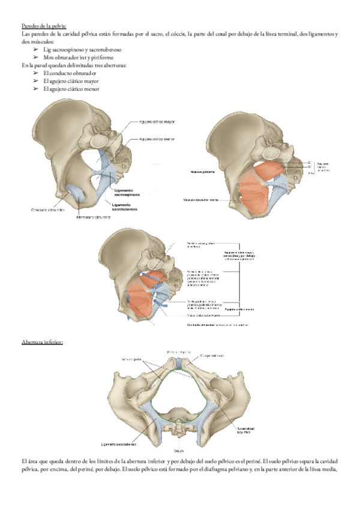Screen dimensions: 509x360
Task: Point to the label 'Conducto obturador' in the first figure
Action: coord(47,210)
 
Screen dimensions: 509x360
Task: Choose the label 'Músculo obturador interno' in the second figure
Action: coord(205,200)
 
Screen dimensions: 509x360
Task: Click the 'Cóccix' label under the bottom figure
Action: coord(178,450)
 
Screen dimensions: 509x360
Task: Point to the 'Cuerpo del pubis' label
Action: coord(213,355)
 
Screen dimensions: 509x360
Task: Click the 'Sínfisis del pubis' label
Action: coord(179,351)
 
